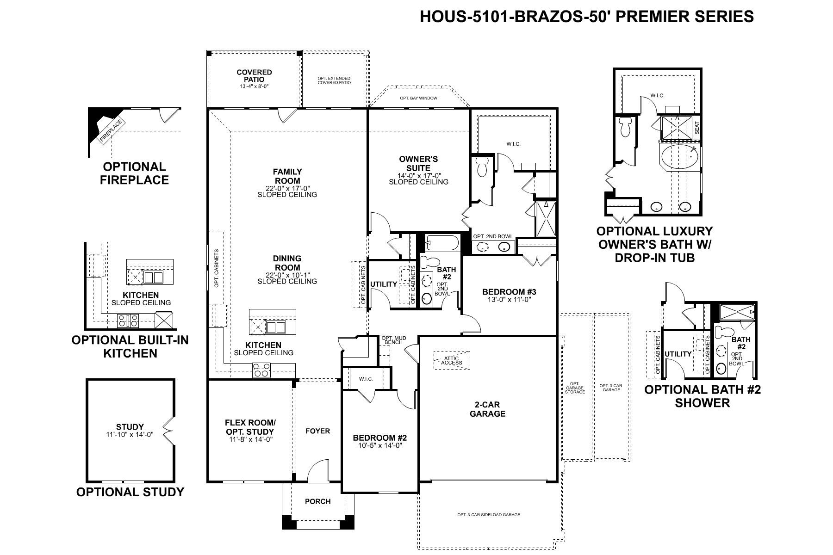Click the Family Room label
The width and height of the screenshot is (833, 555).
[287, 176]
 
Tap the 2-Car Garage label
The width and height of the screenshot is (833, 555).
[487, 409]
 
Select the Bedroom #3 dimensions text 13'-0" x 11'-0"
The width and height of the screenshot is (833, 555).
[509, 299]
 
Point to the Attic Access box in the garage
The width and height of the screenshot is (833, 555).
[451, 360]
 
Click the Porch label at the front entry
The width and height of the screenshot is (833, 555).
[318, 501]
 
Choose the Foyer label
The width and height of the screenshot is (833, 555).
[318, 431]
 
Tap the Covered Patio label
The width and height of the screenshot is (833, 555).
[254, 76]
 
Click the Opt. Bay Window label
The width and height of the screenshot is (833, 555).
[418, 98]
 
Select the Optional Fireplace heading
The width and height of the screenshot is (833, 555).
[135, 173]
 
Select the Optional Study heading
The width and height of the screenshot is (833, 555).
[131, 492]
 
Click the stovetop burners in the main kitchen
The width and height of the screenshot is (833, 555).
[261, 371]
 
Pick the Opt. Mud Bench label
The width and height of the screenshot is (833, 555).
[394, 340]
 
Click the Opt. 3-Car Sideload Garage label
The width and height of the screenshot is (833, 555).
[489, 515]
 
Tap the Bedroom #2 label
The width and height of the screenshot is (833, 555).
[379, 438]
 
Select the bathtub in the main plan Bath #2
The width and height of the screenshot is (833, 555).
[442, 242]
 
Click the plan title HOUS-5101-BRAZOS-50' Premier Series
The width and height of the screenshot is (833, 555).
[587, 16]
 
